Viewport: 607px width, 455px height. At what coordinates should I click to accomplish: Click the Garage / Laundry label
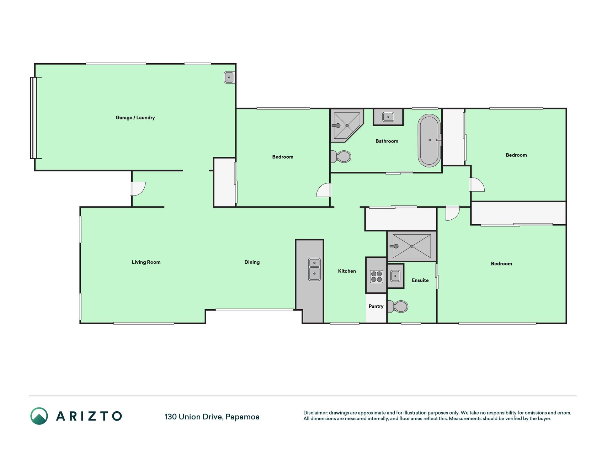click(135, 118)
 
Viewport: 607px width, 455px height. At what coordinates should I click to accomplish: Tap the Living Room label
click(146, 262)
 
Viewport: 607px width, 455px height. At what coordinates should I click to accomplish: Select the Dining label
click(252, 262)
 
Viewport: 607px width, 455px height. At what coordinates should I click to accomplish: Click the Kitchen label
click(347, 271)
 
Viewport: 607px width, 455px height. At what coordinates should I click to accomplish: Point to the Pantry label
click(376, 306)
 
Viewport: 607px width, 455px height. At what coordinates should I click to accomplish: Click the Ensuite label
click(420, 280)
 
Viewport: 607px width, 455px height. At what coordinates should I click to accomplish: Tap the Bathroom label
click(387, 141)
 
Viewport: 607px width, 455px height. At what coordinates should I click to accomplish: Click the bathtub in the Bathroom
click(430, 140)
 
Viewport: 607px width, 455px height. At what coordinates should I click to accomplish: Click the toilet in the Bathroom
click(341, 156)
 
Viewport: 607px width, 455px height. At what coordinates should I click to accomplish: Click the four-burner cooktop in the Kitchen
click(377, 277)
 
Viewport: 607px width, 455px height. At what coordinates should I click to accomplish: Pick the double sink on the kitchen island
click(314, 269)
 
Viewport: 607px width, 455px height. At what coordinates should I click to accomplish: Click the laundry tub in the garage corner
click(229, 77)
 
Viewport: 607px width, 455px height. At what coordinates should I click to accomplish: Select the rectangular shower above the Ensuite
click(412, 246)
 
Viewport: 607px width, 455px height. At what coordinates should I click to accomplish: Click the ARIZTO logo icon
click(39, 416)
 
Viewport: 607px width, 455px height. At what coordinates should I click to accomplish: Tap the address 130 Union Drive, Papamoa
click(212, 417)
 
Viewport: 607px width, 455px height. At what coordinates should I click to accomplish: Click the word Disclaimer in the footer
click(315, 413)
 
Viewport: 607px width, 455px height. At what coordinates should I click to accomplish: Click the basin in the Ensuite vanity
click(395, 276)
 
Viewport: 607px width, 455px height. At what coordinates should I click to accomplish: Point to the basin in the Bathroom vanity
click(388, 117)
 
